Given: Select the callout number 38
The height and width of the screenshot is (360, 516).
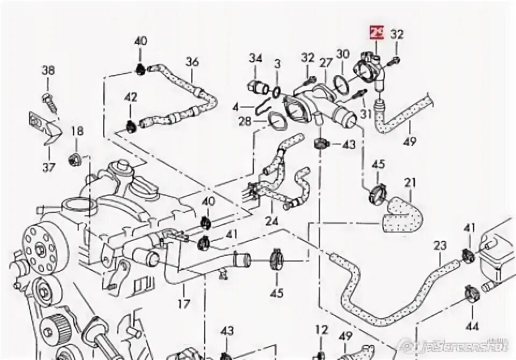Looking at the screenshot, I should tap(48, 71).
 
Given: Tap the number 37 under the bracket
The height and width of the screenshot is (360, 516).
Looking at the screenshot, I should tap(49, 167).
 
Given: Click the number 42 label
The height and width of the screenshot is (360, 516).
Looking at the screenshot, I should tap(131, 98).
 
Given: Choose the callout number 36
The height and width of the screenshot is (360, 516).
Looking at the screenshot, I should tap(192, 62).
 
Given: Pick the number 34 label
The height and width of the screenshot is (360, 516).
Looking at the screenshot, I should tap(255, 58).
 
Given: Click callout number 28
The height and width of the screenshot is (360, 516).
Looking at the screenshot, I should tap(245, 122).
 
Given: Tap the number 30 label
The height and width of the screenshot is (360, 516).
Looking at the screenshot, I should tap(342, 54).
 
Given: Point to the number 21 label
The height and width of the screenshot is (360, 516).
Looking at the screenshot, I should tap(410, 183).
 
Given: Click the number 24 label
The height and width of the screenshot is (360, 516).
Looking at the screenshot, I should tap(272, 221).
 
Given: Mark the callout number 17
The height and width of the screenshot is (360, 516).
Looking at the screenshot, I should tap(184, 304).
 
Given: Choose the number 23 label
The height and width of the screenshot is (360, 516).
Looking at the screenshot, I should tap(440, 246).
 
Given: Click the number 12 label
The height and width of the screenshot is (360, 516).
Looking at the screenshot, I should tap(321, 329).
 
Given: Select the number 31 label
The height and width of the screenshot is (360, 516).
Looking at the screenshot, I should tap(366, 114).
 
